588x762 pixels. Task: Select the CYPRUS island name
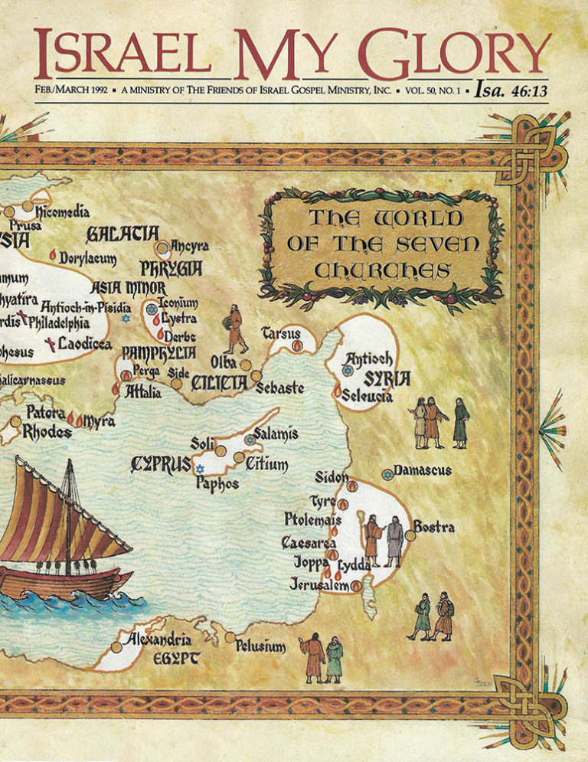pyautogui.click(x=162, y=463)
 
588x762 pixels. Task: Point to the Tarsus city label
pyautogui.click(x=281, y=333)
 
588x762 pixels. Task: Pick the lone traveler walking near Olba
pyautogui.click(x=235, y=329)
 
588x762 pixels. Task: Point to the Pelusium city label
pyautogui.click(x=260, y=647)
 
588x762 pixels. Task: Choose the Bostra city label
pyautogui.click(x=434, y=527)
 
